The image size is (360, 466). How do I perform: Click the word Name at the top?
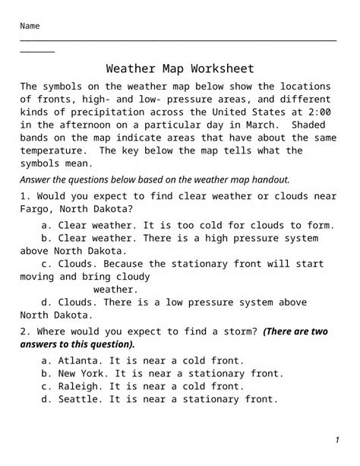coord(30,27)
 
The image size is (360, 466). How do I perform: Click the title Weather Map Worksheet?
coord(180,69)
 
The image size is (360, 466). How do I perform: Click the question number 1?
coord(24,196)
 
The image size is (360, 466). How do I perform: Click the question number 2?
coord(24,331)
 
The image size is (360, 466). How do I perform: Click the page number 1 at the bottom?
coord(336,441)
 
